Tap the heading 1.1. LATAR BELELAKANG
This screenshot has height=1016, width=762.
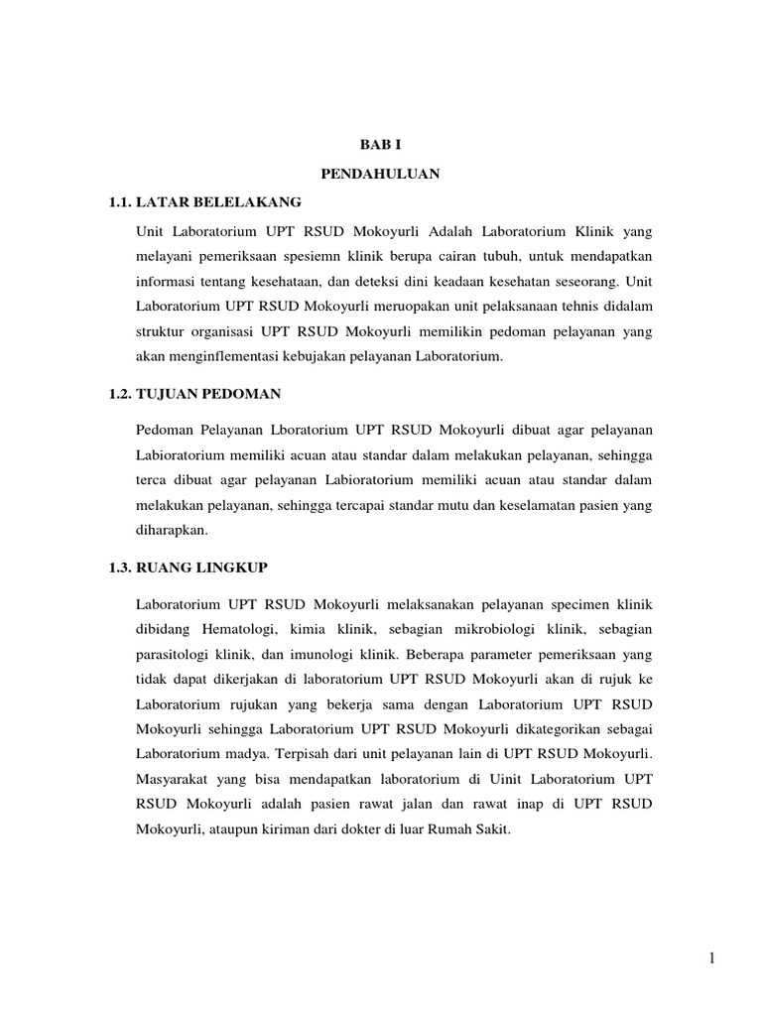(205, 202)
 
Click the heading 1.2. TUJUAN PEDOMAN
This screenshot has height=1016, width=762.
(195, 394)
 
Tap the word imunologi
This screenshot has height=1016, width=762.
(330, 654)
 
